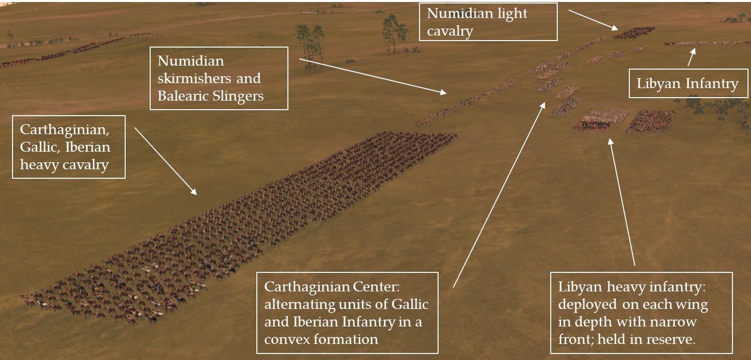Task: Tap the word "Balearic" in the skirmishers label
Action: [183, 96]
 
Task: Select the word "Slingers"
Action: [238, 97]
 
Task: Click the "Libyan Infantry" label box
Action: [688, 84]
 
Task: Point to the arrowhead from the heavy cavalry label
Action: [193, 191]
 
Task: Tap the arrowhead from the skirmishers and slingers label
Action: [443, 92]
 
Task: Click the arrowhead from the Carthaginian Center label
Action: [542, 106]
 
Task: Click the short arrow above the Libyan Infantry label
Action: [691, 57]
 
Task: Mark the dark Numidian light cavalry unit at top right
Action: [634, 33]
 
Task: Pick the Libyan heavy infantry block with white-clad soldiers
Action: [600, 120]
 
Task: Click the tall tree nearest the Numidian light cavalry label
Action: [395, 34]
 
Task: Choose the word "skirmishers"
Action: [195, 79]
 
